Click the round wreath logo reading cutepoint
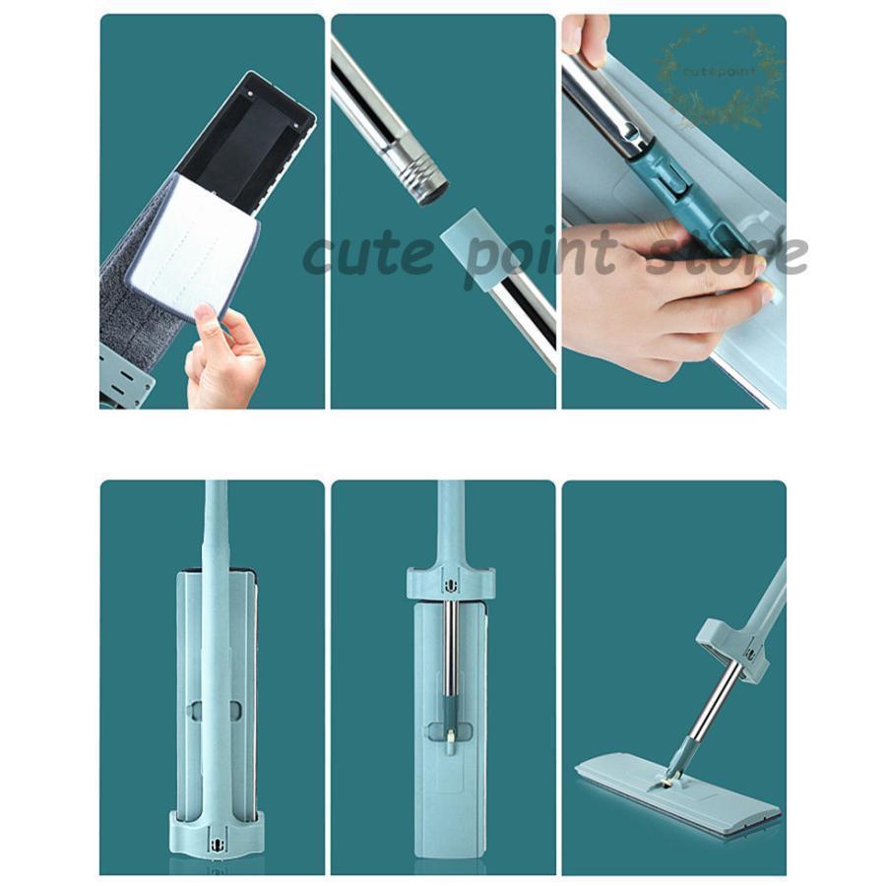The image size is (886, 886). click(720, 72)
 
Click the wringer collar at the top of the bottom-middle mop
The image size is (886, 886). click(451, 582)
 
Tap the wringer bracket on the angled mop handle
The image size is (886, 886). click(733, 648)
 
